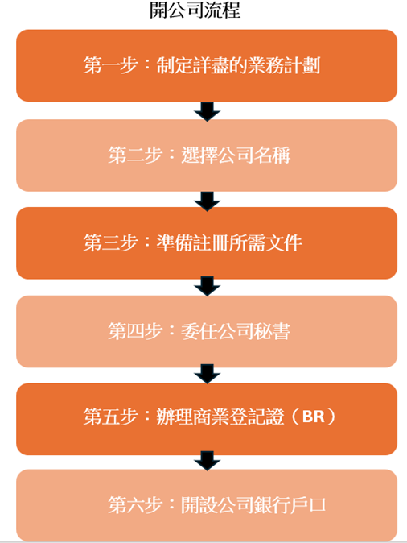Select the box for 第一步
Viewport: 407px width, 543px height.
click(207, 65)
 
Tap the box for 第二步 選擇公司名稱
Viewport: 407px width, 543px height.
click(207, 155)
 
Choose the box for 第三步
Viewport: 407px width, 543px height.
click(207, 242)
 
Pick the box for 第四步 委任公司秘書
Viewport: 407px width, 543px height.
click(207, 331)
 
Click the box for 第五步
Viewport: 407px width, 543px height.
click(207, 418)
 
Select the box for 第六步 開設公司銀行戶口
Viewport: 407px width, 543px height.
click(207, 505)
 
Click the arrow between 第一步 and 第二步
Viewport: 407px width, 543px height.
click(208, 111)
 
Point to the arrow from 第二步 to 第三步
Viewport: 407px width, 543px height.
click(208, 199)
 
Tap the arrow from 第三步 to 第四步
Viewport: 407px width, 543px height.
click(208, 287)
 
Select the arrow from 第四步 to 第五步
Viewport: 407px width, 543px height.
click(208, 375)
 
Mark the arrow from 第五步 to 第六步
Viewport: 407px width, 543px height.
click(208, 462)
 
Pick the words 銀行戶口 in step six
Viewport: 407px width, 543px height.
click(296, 506)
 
